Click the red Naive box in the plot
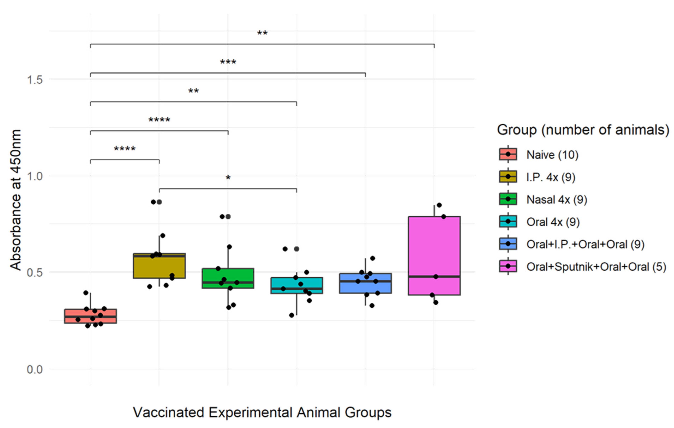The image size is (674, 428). coord(90,316)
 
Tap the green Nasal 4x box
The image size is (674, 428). coord(228,278)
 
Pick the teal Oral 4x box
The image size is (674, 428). coord(297,285)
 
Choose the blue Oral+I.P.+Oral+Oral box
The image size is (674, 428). coord(365,283)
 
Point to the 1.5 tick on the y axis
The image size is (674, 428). coord(35,80)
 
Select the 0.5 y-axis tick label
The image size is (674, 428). coord(35,273)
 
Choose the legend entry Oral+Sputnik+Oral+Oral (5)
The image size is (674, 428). coord(596,267)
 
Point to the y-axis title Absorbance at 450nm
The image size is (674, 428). coord(15,200)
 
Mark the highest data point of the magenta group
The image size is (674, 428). coord(439,205)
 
